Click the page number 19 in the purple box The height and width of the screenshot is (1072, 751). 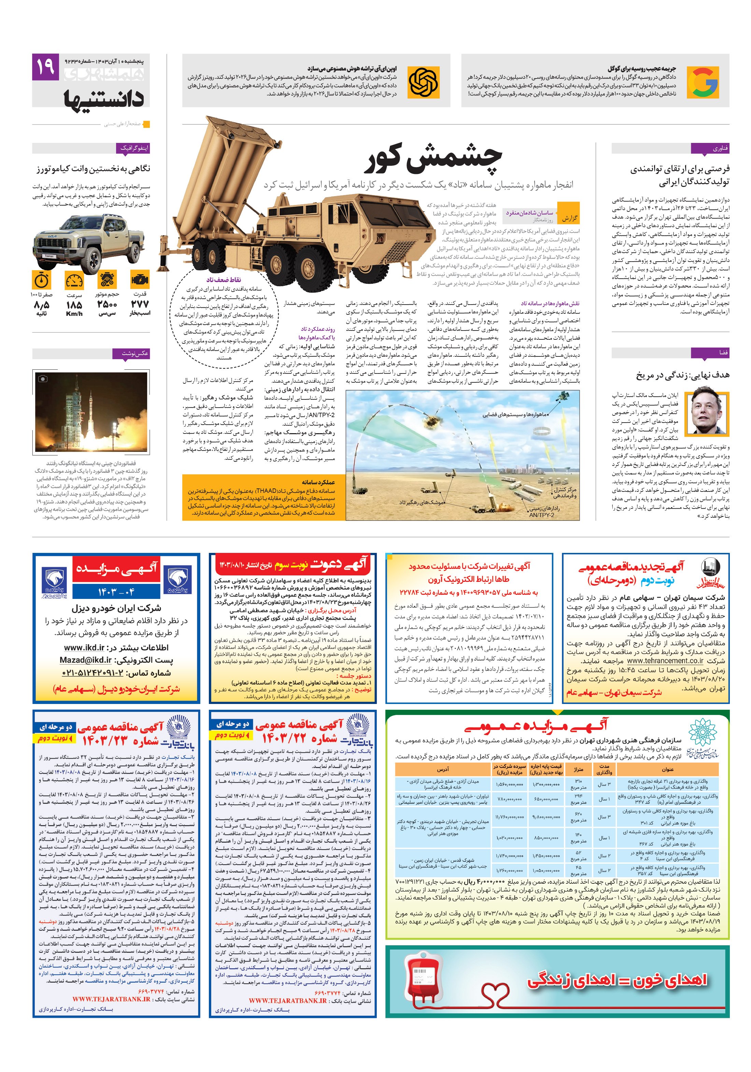[x=45, y=67]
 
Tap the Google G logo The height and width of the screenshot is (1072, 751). [x=702, y=83]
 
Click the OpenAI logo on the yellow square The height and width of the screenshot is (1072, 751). [x=423, y=83]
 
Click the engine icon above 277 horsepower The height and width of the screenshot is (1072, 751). [x=140, y=280]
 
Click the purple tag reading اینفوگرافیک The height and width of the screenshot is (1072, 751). [x=134, y=148]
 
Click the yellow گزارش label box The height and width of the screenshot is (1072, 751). [x=569, y=218]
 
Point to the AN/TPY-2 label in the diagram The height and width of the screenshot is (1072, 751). [x=541, y=515]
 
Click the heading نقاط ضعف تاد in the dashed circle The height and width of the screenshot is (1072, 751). [x=223, y=279]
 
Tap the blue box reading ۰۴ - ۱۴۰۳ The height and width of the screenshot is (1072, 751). [x=116, y=591]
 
